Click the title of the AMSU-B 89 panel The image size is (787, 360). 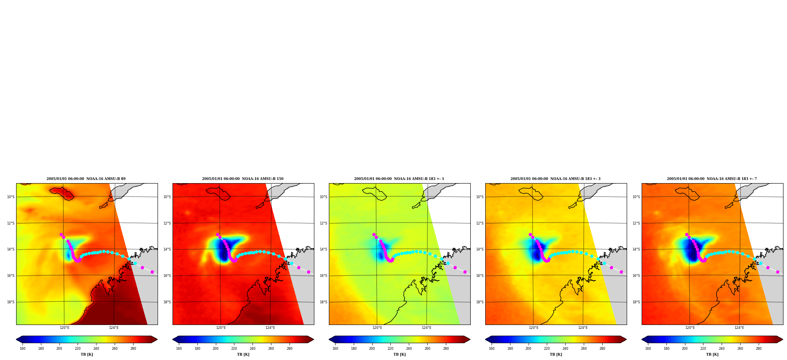point(86,179)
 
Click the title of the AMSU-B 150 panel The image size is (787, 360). point(243,179)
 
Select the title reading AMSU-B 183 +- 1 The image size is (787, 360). point(399,179)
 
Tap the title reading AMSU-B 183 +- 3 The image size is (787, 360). point(555,179)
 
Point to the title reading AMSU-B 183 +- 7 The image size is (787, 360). point(712,179)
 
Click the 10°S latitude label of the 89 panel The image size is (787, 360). point(11,197)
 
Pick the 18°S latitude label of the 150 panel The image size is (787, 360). point(167,302)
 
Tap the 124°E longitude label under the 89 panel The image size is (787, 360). point(114,328)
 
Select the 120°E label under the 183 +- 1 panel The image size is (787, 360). point(377,328)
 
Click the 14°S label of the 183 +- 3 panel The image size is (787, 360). point(480,249)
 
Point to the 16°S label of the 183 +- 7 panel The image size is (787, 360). point(636,276)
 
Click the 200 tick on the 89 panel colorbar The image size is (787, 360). point(59,348)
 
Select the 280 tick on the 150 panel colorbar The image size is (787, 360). point(290,348)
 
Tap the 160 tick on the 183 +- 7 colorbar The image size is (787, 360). point(648,348)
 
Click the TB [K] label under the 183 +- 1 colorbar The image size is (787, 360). point(399,354)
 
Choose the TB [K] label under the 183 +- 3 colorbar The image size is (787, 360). point(556,354)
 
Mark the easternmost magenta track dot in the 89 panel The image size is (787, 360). point(152,272)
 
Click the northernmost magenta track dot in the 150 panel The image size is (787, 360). point(217,234)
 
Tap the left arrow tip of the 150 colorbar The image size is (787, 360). point(173,340)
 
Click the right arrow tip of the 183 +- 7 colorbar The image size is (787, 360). point(783,340)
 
